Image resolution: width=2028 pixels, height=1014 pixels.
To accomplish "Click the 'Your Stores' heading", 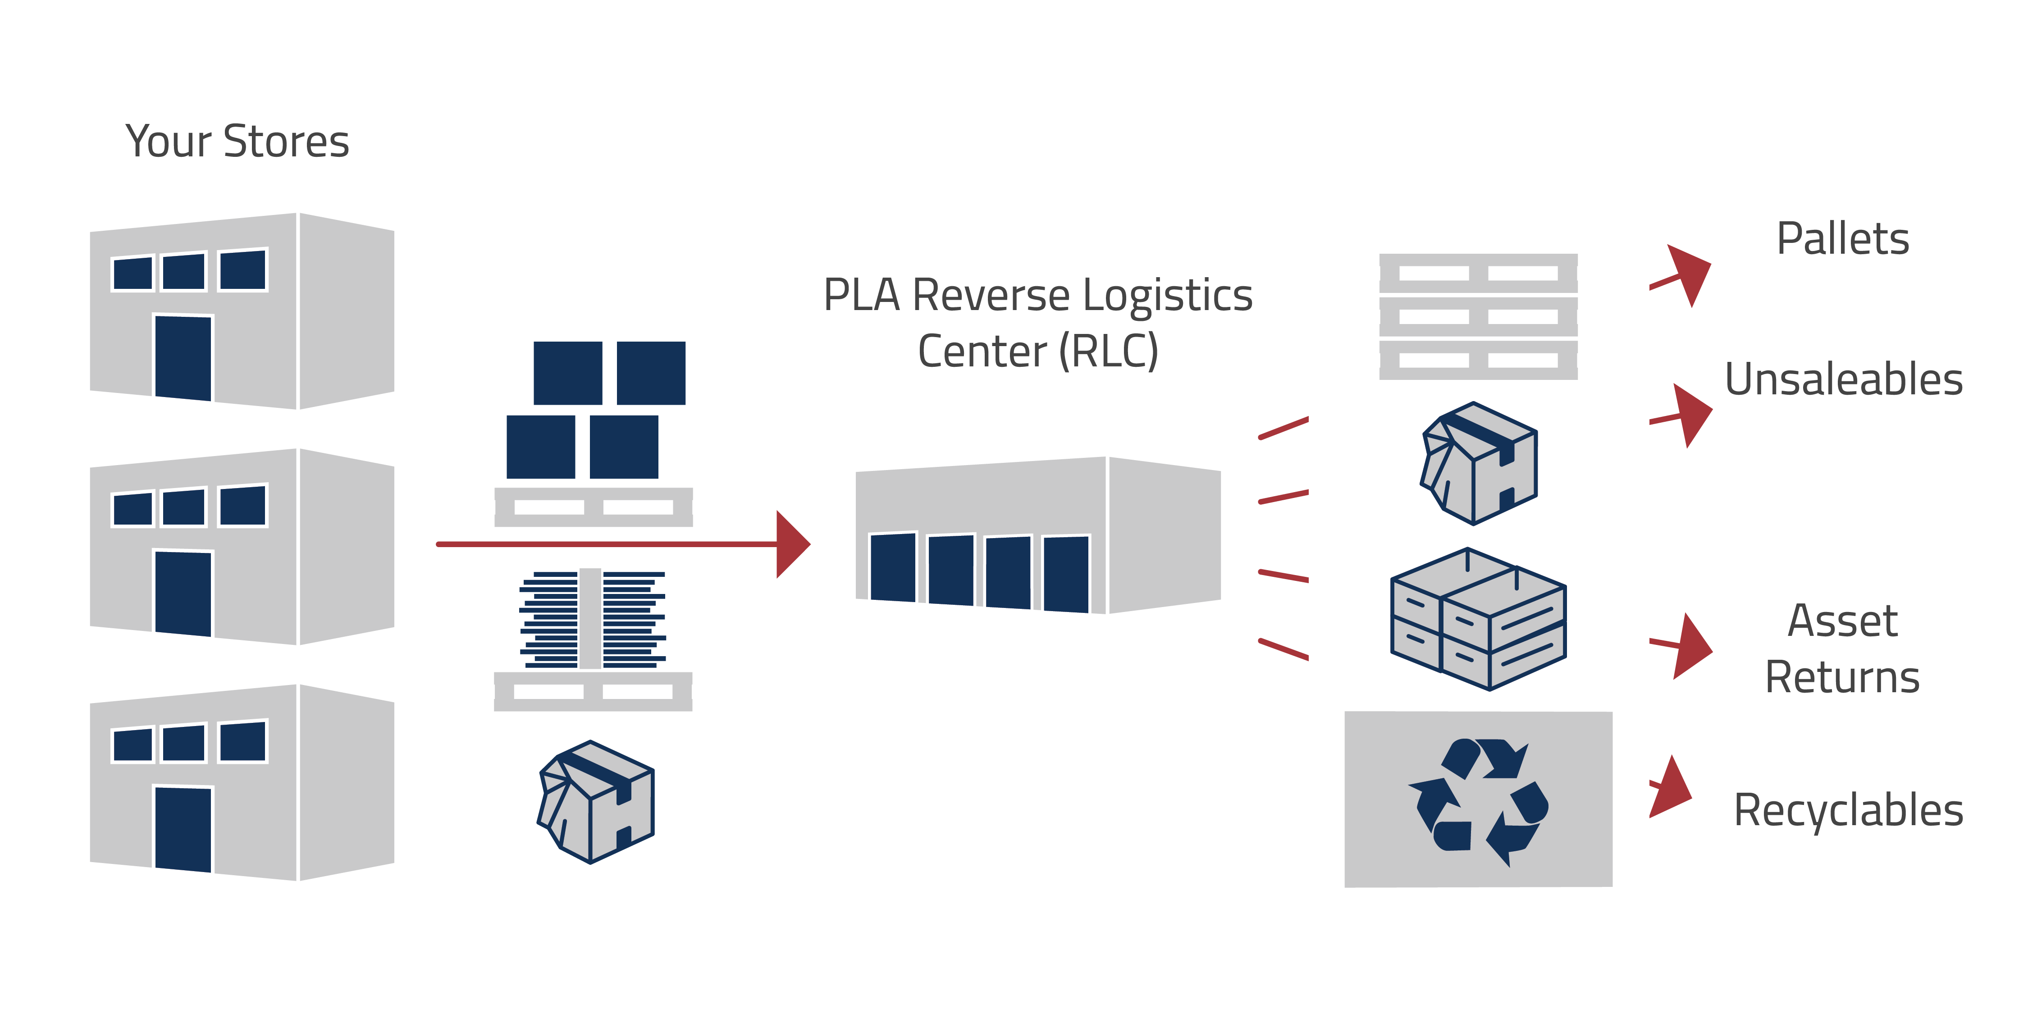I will [237, 142].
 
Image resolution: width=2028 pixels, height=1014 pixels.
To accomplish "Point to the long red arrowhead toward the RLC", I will [791, 544].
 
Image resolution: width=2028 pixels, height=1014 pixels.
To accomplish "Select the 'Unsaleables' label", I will [1843, 379].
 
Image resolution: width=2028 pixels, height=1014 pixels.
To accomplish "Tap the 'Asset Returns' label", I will [1842, 649].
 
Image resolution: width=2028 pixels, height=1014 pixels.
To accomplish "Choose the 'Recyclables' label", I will [1848, 810].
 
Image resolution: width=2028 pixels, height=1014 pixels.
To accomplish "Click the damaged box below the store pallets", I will [596, 801].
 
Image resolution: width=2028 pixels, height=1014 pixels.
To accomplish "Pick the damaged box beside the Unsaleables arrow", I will [1479, 463].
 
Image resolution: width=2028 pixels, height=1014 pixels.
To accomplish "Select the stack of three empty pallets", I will [1478, 316].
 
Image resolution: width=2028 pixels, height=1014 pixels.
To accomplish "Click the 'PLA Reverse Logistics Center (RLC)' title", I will [1037, 323].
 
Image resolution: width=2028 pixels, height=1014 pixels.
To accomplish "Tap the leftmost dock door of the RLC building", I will [893, 567].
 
